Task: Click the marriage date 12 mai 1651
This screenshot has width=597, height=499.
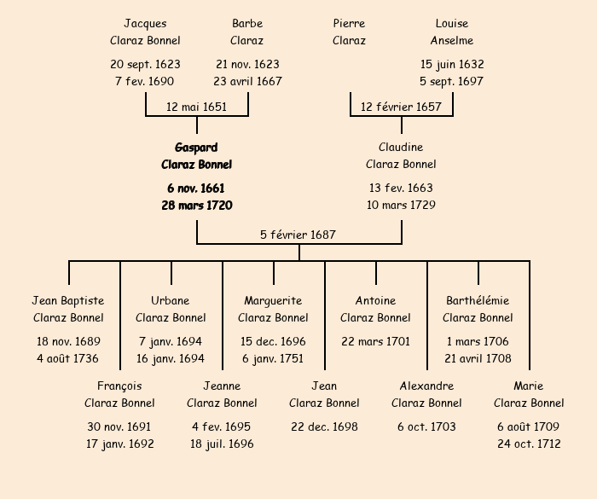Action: point(196,107)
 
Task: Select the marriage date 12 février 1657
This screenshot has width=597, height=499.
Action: point(401,107)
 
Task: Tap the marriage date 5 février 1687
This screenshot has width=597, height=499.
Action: point(298,235)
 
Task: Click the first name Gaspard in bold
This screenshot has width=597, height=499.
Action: point(196,148)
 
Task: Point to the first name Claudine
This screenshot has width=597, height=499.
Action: point(401,148)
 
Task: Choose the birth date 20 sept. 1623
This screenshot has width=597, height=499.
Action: point(145,64)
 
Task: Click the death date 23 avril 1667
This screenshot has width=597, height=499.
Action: point(247,82)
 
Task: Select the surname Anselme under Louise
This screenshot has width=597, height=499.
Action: point(452,40)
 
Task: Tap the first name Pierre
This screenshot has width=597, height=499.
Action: point(349,23)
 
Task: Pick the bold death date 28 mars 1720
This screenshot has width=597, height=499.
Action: point(196,206)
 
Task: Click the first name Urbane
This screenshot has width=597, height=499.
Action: point(171,300)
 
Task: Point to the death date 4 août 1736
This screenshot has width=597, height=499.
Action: point(68,359)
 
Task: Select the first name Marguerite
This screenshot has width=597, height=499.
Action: point(273,300)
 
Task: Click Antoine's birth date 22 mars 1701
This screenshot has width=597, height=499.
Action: point(375,341)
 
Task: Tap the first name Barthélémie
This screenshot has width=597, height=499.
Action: point(478,300)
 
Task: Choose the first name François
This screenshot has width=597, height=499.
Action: point(119,386)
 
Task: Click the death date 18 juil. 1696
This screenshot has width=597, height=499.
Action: point(222,444)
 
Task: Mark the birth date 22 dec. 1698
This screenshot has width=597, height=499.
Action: point(324,426)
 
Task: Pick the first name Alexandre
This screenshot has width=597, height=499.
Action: point(426,386)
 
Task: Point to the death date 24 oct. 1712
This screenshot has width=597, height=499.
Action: point(529,444)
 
